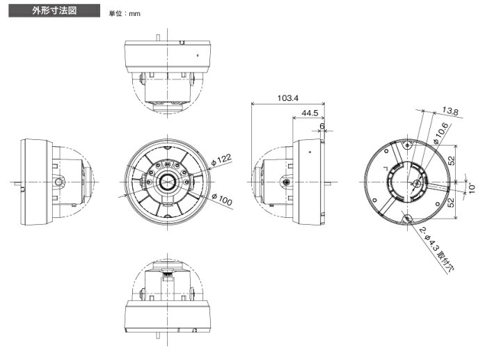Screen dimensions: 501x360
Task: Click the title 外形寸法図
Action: pos(54,10)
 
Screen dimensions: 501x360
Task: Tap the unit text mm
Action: pos(134,14)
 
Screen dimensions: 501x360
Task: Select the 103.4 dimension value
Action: pos(288,97)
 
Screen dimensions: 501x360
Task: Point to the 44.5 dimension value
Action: pos(310,113)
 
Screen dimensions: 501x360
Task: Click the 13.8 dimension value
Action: pos(450,111)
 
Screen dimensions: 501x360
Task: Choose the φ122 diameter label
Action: pos(221,159)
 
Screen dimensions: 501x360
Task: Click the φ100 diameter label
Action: pos(222,200)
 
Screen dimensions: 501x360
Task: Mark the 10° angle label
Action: pos(472,188)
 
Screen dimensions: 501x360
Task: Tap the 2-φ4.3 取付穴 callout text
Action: pos(436,250)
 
